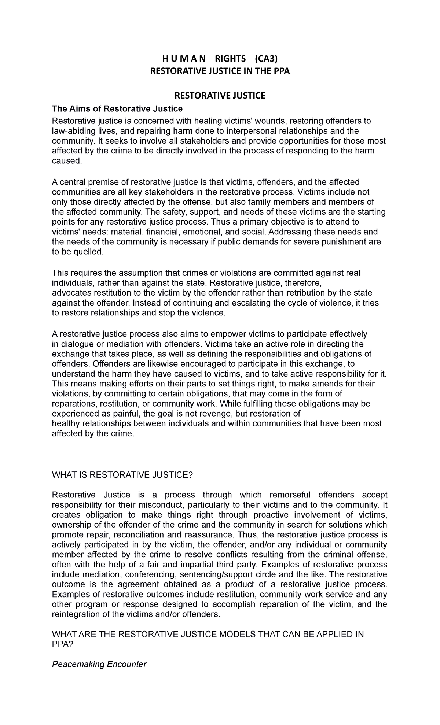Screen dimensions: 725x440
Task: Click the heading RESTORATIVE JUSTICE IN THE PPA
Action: tap(220, 71)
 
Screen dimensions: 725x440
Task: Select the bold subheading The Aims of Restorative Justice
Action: tap(117, 109)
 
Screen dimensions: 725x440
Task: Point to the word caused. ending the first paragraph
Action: tap(66, 161)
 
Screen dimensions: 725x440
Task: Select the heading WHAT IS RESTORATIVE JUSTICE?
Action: tap(122, 475)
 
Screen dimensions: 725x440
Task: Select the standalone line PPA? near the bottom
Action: tap(63, 644)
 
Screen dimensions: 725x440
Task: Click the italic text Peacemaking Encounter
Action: tap(99, 664)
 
